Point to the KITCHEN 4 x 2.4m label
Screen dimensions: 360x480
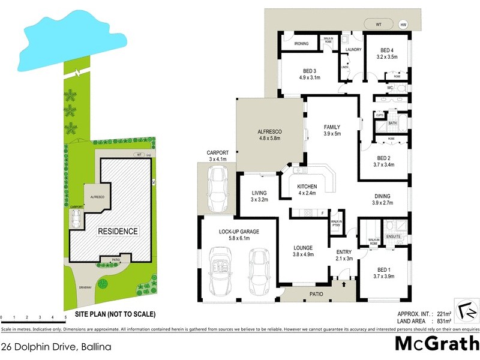coord(307,190)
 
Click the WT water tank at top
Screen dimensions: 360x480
coord(378,25)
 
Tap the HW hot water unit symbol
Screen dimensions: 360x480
coord(403,25)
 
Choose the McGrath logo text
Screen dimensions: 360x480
coord(437,344)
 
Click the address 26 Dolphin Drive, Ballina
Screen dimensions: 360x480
coord(56,347)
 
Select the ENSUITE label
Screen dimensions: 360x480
coord(394,236)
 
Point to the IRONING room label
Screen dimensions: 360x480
coord(301,44)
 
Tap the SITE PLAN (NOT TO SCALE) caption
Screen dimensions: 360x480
coord(115,314)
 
